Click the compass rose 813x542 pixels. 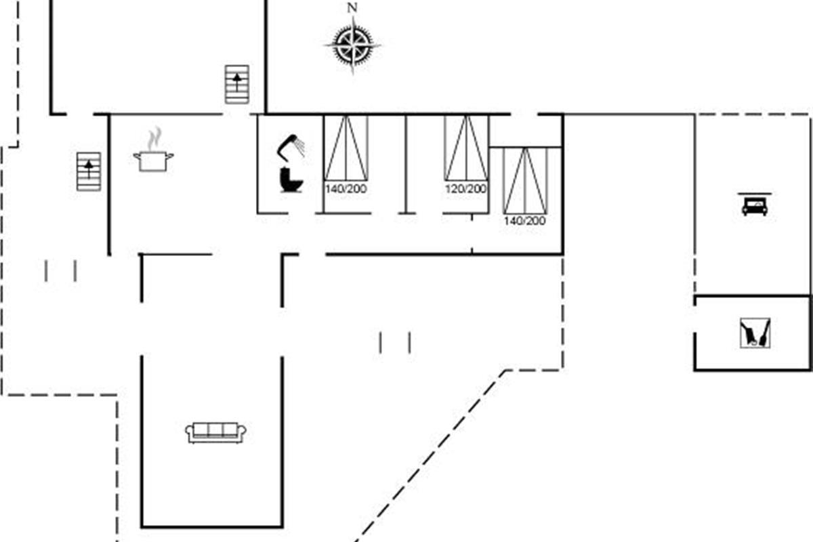[352, 45]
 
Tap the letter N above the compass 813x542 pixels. [352, 8]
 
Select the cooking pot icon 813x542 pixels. [153, 161]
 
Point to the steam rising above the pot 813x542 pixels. [156, 137]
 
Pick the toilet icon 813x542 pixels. [291, 181]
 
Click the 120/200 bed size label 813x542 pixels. [465, 189]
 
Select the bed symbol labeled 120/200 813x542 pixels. [465, 148]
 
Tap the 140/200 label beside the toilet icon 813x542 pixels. [346, 189]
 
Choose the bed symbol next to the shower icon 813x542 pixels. [346, 148]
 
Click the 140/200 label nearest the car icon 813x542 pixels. [524, 220]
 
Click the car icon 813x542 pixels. [755, 205]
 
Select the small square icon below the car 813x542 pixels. [755, 333]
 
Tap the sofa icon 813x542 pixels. [215, 432]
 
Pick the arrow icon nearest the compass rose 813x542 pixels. [236, 84]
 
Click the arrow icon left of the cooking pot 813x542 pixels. [89, 171]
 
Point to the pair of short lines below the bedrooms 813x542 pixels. [395, 343]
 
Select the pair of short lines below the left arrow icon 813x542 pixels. [60, 271]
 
